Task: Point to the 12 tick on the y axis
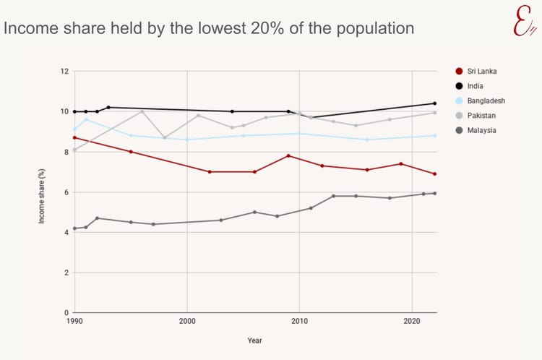click(x=64, y=71)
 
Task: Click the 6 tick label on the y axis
click(x=66, y=192)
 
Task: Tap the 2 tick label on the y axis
click(x=66, y=273)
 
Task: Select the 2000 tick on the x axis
click(x=187, y=320)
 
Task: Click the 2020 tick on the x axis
click(x=412, y=320)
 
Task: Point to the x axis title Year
click(x=254, y=340)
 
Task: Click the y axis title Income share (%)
click(x=42, y=192)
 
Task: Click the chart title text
click(x=209, y=28)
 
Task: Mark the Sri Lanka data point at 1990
click(x=74, y=137)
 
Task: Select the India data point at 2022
click(x=434, y=103)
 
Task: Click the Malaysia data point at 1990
click(x=74, y=228)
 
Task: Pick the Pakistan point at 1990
click(x=74, y=150)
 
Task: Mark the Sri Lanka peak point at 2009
click(x=288, y=155)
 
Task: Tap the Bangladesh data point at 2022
click(x=434, y=135)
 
